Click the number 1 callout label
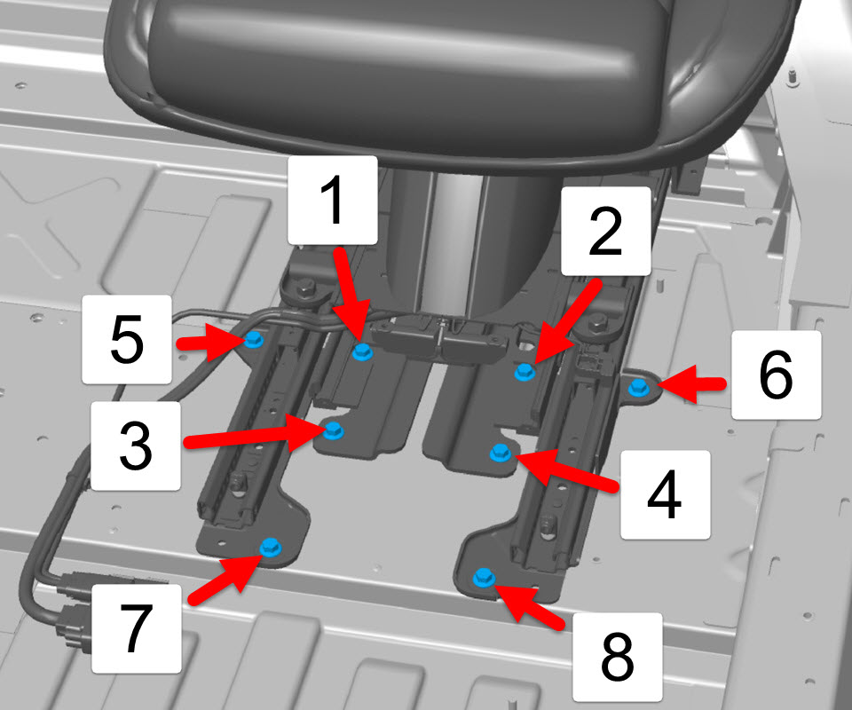333,200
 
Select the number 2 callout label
606,231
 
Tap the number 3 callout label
135,446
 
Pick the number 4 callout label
665,495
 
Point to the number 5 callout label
127,340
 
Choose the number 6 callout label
776,375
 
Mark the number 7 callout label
137,628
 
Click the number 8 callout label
618,658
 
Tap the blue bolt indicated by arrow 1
362,351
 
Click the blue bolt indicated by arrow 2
525,372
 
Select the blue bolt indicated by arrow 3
333,431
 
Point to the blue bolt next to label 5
254,340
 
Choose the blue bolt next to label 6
638,387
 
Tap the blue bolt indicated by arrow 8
484,578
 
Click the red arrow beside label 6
692,384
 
